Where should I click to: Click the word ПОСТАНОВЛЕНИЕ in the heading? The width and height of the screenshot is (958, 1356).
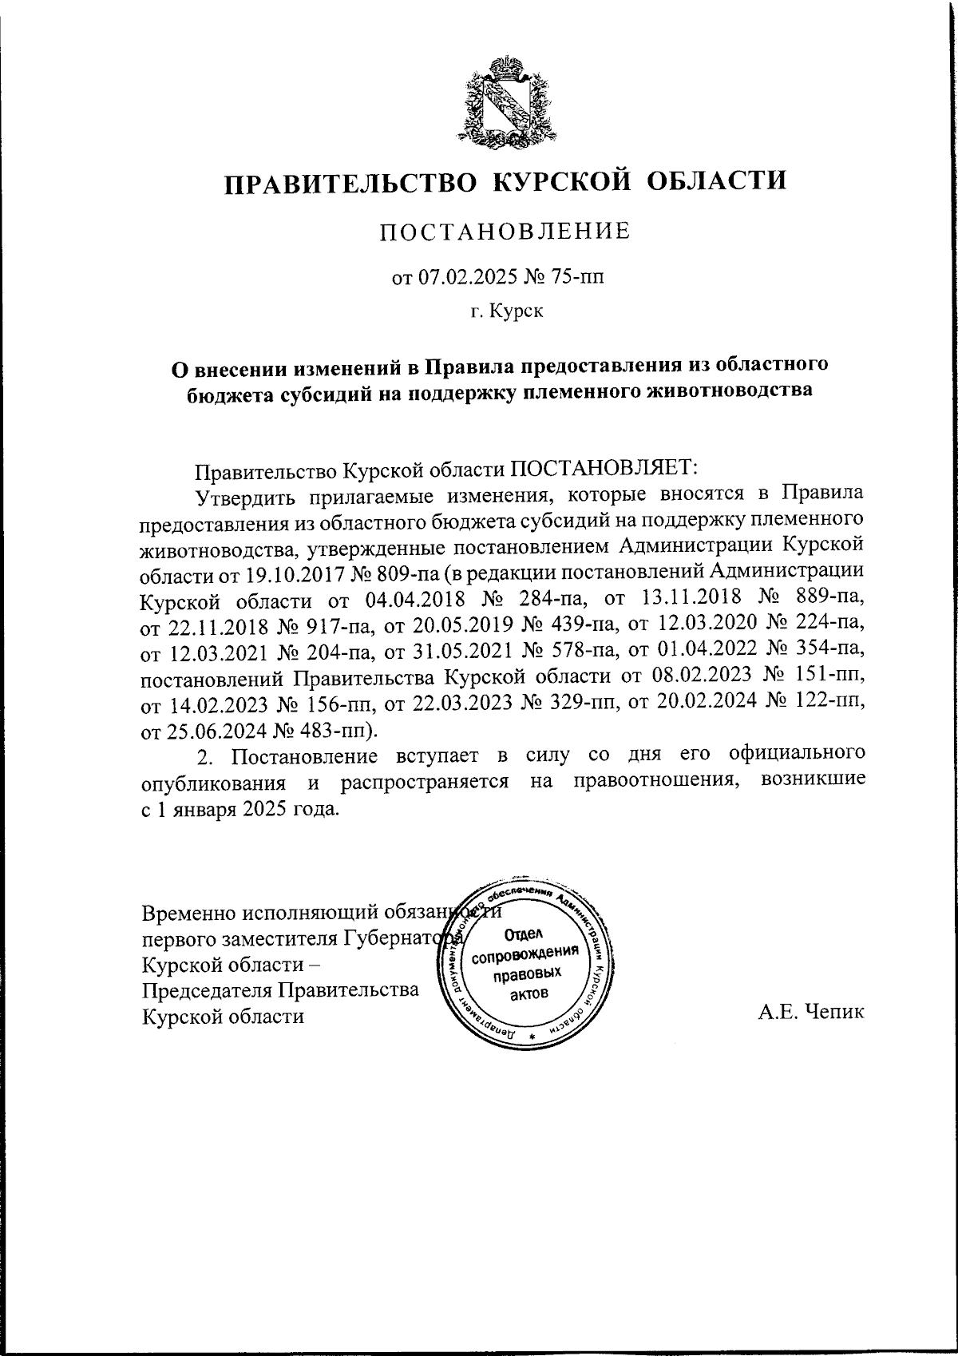(x=505, y=232)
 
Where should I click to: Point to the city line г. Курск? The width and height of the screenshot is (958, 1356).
(x=506, y=311)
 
